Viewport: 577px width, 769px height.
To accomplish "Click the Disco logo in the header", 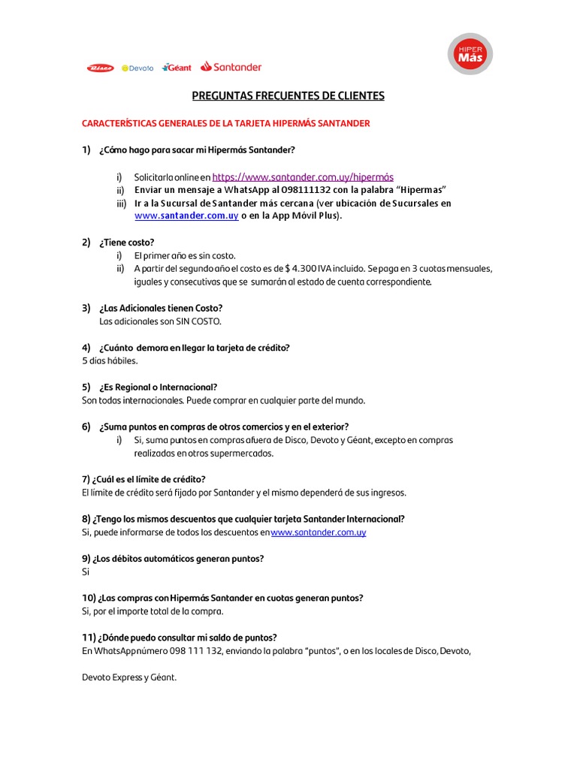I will (x=101, y=68).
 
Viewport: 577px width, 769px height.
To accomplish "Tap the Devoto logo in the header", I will (x=137, y=68).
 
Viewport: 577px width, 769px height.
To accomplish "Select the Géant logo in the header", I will (x=177, y=68).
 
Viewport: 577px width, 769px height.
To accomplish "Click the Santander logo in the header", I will (x=231, y=67).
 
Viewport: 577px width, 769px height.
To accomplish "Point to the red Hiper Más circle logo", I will (x=470, y=54).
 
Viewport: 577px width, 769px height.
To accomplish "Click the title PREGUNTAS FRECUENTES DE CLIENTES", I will (x=288, y=95).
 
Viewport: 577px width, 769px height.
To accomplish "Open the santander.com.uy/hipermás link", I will (x=303, y=177).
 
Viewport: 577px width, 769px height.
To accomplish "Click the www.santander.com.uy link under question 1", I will (x=186, y=216).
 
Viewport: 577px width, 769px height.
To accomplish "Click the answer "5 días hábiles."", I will (x=110, y=360).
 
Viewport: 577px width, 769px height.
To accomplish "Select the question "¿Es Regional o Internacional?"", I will (x=158, y=388).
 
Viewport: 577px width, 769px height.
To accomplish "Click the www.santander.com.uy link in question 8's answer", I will (x=319, y=532).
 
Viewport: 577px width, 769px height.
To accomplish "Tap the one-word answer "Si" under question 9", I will (x=86, y=571).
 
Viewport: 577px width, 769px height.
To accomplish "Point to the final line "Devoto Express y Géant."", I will (x=129, y=677).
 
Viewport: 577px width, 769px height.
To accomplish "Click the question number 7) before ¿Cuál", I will (x=86, y=479).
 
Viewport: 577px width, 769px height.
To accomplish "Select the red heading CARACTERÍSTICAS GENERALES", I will (x=225, y=123).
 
